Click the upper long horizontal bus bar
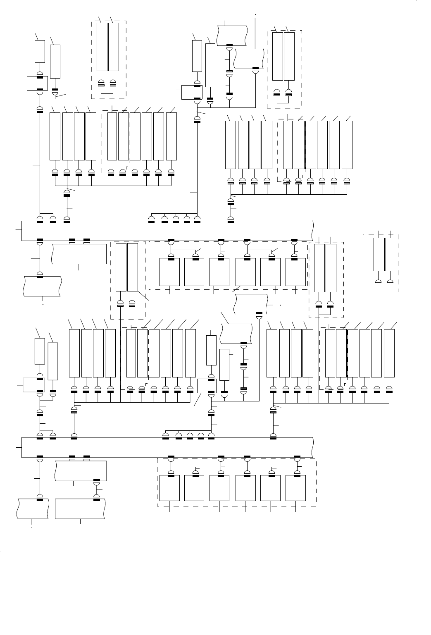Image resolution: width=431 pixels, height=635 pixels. point(165,231)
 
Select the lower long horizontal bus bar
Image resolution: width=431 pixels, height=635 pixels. point(165,447)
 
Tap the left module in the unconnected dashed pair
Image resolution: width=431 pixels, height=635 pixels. point(379,254)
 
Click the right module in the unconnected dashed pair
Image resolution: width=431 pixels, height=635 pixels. point(391,254)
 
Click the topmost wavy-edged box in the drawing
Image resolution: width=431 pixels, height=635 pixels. point(232,35)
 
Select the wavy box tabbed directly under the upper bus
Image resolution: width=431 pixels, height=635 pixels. point(79,254)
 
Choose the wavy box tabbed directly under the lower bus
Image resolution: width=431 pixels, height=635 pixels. point(81,470)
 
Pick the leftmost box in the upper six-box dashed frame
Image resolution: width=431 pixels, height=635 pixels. point(169,272)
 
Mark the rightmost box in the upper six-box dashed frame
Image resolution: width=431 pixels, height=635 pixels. point(296,272)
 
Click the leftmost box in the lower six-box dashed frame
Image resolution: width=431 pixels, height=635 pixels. point(169,488)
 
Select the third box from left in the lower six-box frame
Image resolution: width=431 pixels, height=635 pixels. point(219,488)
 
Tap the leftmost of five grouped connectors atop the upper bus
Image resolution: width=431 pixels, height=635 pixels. point(152,219)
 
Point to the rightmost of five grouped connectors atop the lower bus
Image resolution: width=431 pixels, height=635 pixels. point(212,435)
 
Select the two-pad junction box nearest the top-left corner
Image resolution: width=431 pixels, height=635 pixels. point(37,83)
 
